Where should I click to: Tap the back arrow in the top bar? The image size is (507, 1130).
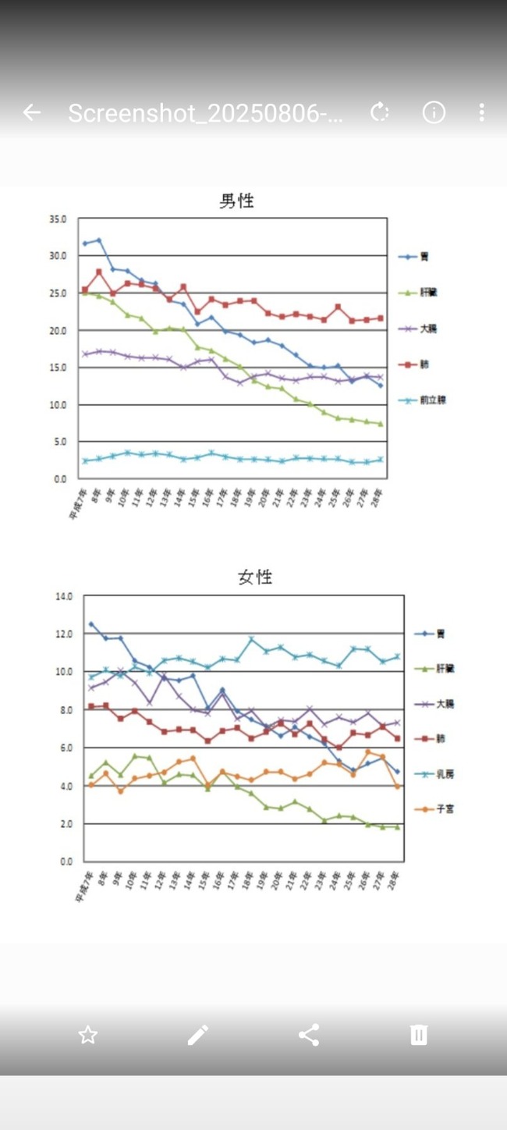click(31, 112)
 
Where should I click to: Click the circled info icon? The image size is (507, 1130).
click(434, 112)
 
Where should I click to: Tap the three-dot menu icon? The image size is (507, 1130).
click(481, 112)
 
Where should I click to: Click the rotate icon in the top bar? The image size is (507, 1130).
click(380, 112)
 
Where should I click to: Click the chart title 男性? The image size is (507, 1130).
click(236, 201)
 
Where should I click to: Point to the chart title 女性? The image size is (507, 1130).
click(255, 577)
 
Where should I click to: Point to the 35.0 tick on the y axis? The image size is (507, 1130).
click(58, 219)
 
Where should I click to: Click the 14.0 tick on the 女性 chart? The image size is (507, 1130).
click(63, 596)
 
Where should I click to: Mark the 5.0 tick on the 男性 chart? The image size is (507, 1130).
click(60, 442)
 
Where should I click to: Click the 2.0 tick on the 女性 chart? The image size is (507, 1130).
click(66, 824)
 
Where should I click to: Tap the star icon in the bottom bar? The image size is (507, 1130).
click(88, 1035)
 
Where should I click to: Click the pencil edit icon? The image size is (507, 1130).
click(198, 1035)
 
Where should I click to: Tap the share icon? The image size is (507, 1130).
click(309, 1035)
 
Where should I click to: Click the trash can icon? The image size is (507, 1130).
click(419, 1035)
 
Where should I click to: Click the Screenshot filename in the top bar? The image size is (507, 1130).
click(205, 113)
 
